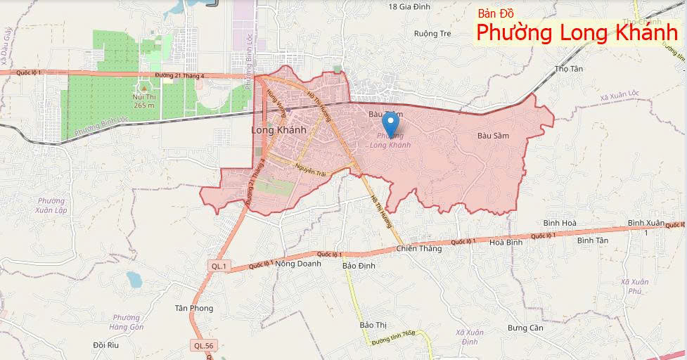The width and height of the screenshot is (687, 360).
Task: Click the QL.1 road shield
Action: [219, 266]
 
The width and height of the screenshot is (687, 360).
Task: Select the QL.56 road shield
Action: [201, 345]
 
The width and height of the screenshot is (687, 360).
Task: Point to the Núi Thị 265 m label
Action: [143, 101]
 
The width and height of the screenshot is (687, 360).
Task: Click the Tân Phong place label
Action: [193, 308]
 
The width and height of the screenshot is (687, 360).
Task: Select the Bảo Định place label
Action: [359, 266]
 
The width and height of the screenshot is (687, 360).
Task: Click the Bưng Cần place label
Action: [525, 328]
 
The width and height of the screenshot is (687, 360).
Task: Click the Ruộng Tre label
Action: [432, 33]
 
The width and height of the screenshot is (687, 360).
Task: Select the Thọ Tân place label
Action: [569, 69]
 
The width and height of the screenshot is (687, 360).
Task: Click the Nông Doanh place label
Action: [298, 264]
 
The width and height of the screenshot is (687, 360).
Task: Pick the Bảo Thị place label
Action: [373, 325]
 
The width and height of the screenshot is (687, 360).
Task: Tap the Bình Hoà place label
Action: [560, 223]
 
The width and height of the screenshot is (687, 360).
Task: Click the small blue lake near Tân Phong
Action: [134, 280]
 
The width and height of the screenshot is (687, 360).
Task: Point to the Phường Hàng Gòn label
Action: [127, 322]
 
